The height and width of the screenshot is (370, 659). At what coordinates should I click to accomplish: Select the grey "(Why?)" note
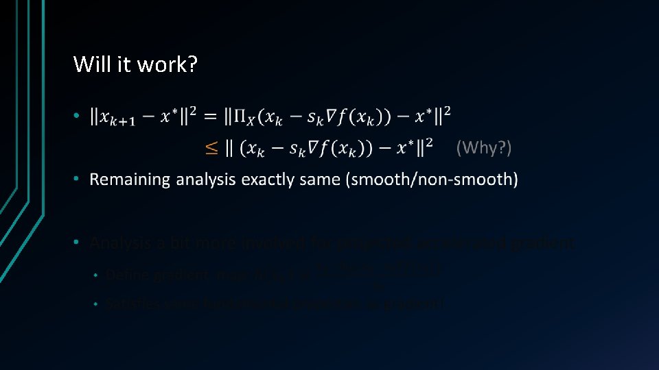484,147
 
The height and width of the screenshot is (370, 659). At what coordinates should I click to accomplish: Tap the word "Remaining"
130,180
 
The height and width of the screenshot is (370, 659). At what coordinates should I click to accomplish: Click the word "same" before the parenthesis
323,180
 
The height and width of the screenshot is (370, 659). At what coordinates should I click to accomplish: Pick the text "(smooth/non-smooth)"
432,180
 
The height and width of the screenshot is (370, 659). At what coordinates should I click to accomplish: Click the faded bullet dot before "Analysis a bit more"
77,243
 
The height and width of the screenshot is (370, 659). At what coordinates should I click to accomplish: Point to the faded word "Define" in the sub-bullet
124,275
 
